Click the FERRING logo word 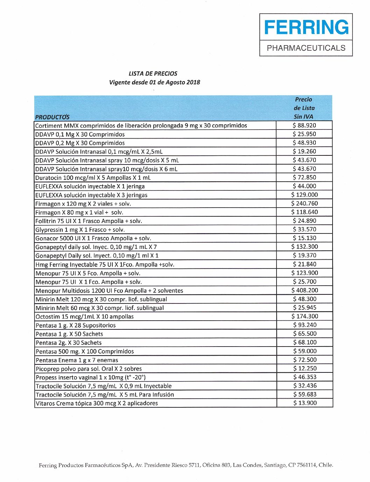pos(306,27)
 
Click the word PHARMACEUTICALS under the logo pos(306,48)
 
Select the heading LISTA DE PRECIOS pos(153,74)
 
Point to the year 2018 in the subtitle pos(193,82)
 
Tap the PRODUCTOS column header pos(52,117)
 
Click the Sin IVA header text pos(303,117)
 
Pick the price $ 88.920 pos(304,125)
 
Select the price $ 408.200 pos(305,290)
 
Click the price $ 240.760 pos(305,203)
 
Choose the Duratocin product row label pos(93,177)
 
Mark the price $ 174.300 pos(305,316)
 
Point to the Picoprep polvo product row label pos(89,369)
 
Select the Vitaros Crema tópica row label pos(97,403)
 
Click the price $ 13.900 pos(305,403)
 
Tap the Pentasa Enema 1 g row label pos(77,360)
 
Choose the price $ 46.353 pos(305,377)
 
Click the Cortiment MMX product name pos(141,126)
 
